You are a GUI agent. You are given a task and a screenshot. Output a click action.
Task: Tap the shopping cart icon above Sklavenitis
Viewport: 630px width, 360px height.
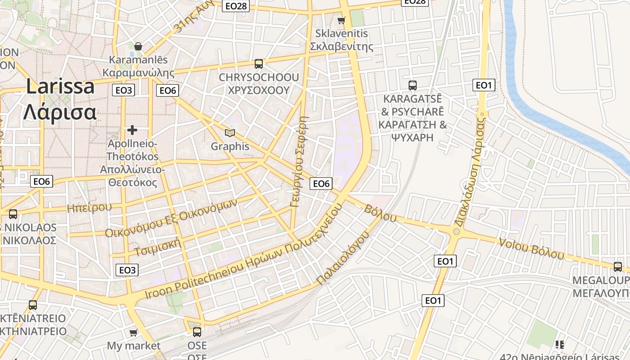click(x=342, y=20)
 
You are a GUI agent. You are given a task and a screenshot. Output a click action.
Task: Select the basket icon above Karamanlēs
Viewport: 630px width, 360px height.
click(x=138, y=46)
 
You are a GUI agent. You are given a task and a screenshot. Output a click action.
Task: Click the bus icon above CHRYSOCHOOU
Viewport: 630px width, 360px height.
click(x=259, y=64)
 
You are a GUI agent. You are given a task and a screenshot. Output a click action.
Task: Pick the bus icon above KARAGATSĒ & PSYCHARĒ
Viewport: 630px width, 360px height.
click(x=413, y=85)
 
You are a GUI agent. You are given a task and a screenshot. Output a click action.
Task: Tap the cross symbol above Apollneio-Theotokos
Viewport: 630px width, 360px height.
click(x=132, y=130)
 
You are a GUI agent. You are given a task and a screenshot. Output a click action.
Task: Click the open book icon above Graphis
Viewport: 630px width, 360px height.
click(x=230, y=133)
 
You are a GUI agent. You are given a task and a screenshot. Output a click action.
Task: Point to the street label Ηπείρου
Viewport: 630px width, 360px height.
click(x=89, y=207)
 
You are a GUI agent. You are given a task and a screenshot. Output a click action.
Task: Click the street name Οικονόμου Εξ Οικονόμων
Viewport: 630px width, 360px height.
click(x=171, y=218)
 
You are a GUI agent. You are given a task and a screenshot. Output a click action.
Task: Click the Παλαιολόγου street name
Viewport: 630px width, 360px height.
click(x=343, y=258)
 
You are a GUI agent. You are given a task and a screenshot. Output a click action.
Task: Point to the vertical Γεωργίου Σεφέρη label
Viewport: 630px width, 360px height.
click(x=300, y=162)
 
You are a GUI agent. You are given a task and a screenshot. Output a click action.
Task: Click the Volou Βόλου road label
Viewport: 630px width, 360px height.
click(x=531, y=248)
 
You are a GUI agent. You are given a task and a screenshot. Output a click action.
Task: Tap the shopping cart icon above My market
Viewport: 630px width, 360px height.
click(x=133, y=333)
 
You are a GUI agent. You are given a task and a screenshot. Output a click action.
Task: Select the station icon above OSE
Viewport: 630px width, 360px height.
click(x=197, y=332)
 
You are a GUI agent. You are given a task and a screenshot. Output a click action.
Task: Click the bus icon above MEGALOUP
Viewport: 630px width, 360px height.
click(x=618, y=266)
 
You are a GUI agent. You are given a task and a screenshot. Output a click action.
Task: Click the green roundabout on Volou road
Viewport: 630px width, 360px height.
click(x=457, y=231)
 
